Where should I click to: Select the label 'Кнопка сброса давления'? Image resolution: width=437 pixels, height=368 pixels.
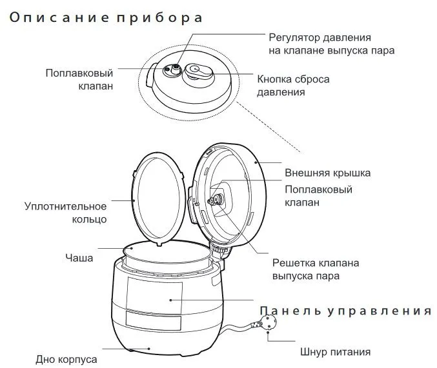(293, 86)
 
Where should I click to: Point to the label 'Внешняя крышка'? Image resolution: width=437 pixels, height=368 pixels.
(327, 173)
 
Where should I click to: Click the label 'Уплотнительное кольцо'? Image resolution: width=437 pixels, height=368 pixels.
(65, 213)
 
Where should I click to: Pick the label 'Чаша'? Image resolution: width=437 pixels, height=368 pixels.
(79, 258)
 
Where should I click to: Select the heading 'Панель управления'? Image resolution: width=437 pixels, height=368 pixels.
(345, 311)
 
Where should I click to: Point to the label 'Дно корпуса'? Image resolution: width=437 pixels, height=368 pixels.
(66, 358)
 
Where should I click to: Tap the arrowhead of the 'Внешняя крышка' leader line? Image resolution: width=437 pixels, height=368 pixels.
(257, 164)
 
